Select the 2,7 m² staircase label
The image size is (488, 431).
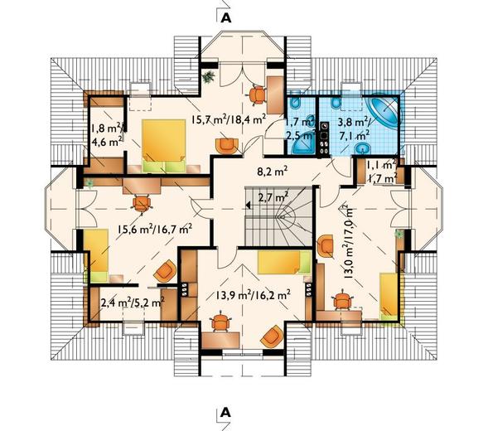point(273,197)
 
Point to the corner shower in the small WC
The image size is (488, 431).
point(299,143)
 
